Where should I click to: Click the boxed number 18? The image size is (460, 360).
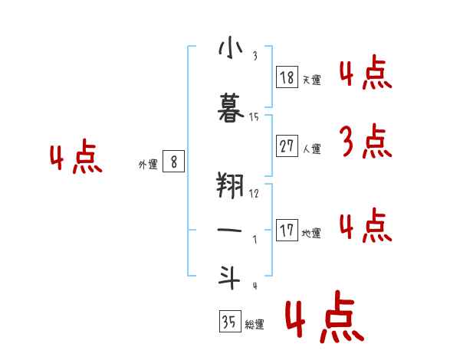(x=287, y=77)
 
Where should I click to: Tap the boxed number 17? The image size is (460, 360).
(x=287, y=231)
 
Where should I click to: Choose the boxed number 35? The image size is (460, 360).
(x=229, y=322)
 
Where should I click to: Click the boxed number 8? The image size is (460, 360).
(x=174, y=162)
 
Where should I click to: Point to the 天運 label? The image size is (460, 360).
(x=311, y=80)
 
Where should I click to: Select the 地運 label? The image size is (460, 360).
(x=311, y=233)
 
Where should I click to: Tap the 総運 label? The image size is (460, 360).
(x=255, y=325)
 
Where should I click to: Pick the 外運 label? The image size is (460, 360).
(x=148, y=164)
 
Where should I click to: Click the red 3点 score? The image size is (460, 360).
(x=364, y=142)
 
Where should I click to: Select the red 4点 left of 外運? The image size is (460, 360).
(x=75, y=159)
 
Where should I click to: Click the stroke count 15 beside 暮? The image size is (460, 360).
(x=255, y=116)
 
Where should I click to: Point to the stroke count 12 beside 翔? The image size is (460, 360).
(x=255, y=193)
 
